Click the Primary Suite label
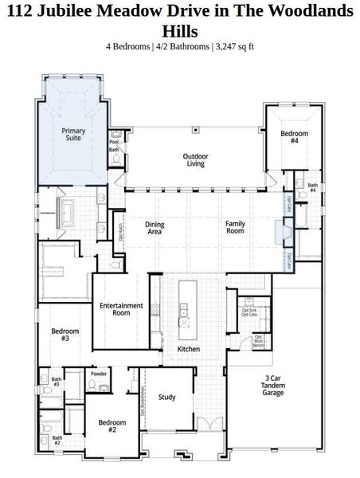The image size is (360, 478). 72,132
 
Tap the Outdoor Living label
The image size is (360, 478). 195,159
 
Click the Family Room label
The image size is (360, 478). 235,229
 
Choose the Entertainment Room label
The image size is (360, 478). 121,309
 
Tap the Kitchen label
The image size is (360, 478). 188,349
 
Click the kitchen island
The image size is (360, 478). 188,302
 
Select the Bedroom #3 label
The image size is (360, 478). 65,335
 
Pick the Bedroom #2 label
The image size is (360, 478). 112,426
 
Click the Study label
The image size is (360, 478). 166,397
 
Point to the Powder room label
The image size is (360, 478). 99,373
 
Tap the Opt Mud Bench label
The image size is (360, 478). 258,342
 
